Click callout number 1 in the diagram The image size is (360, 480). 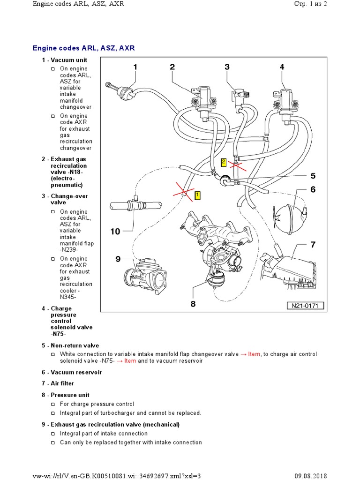[x=135, y=67]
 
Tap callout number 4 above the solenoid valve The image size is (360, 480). [x=282, y=67]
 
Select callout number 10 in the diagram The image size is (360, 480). [x=116, y=231]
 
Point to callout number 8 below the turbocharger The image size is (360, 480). [x=193, y=304]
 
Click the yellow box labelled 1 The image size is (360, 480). [x=198, y=195]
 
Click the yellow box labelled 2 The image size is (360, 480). [x=224, y=162]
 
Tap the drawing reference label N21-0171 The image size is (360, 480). [x=305, y=306]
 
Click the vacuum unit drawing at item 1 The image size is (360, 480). [x=123, y=90]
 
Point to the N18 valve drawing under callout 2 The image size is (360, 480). [x=203, y=99]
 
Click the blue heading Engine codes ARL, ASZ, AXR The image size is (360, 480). [x=84, y=48]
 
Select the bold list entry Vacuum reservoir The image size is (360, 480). [x=72, y=372]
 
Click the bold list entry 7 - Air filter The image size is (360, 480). [x=58, y=383]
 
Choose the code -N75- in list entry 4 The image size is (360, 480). [x=59, y=334]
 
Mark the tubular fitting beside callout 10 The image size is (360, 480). [x=135, y=206]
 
